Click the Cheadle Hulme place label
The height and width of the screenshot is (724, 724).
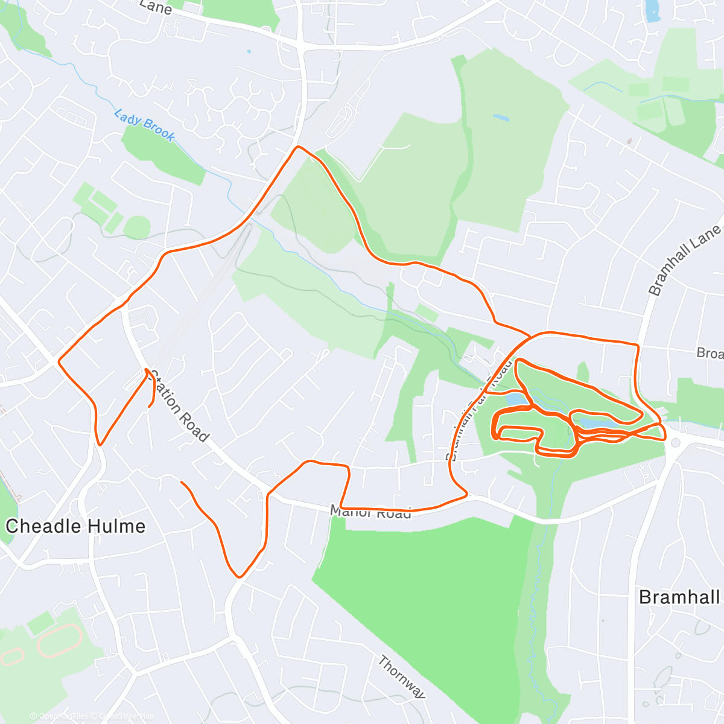[x=75, y=526]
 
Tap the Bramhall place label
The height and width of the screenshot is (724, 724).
[x=679, y=597]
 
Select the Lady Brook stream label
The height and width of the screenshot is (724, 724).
[x=145, y=125]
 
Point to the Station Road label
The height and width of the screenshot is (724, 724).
[x=179, y=406]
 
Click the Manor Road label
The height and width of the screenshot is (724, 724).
[x=370, y=512]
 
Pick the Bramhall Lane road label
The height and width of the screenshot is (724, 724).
[x=684, y=260]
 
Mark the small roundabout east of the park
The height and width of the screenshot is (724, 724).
[x=675, y=443]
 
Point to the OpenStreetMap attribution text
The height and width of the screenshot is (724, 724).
[x=126, y=716]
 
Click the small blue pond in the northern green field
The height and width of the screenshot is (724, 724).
[x=500, y=117]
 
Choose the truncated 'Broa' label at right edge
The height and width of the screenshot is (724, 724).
[x=710, y=353]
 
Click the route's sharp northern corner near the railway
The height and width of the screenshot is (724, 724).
[x=296, y=147]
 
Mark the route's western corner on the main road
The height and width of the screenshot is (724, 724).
[x=59, y=361]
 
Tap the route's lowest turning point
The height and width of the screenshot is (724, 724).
[x=240, y=577]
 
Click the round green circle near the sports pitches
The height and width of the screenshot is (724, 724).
[x=138, y=227]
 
